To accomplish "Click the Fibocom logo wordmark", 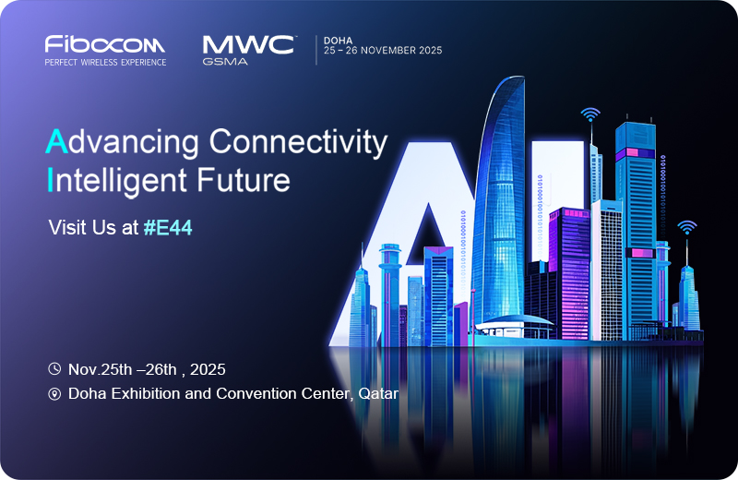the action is pos(104,43).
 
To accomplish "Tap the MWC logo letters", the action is pos(248,45).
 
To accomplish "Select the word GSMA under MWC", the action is pos(225,61).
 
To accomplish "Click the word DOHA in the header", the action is pos(338,41).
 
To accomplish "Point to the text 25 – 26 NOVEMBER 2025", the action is pos(383,51).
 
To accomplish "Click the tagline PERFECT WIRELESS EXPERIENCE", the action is pos(105,62).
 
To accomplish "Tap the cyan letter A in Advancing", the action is pos(56,141).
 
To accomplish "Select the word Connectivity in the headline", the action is pos(298,143).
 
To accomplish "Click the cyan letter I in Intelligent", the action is pos(50,179).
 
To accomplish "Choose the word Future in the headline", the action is pos(243,180).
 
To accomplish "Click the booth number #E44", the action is pos(168,227).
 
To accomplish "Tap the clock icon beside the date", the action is pos(54,369).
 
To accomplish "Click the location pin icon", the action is pos(54,394).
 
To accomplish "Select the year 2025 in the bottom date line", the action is pos(208,369).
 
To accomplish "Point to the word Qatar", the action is pos(378,393).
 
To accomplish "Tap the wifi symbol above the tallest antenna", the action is pos(590,114).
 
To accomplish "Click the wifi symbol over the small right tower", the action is pos(687,227).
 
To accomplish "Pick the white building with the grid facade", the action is pos(607,270).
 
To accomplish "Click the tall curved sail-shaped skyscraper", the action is pos(500,202).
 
